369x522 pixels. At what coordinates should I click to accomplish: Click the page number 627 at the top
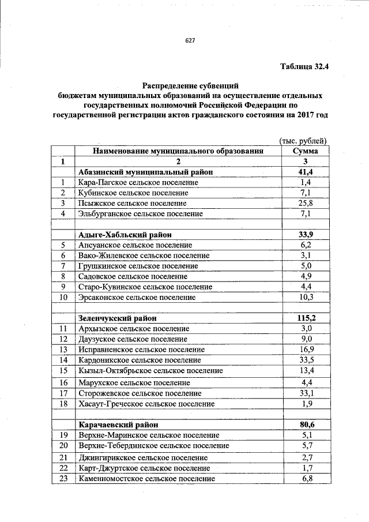190,40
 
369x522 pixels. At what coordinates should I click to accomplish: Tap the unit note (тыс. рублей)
303,140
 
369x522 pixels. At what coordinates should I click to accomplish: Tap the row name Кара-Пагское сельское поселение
138,182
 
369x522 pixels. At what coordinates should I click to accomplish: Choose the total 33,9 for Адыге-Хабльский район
305,234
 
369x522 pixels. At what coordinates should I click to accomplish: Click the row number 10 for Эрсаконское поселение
63,297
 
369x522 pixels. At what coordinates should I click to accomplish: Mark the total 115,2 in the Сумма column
305,318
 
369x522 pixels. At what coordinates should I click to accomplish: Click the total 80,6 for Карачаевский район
305,425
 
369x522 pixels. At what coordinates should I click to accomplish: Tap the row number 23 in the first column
63,479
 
